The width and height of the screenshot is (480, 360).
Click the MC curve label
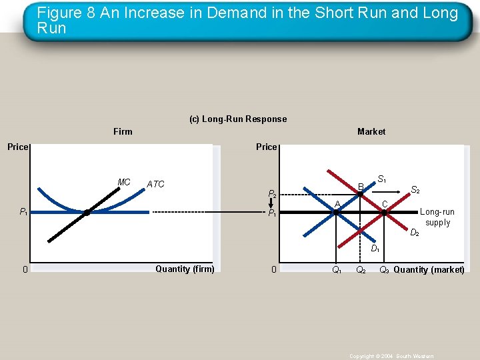click(x=124, y=182)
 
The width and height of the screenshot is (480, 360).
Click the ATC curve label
click(x=155, y=184)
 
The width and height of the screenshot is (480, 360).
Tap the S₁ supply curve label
click(x=382, y=179)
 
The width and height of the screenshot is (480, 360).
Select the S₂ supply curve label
click(x=415, y=190)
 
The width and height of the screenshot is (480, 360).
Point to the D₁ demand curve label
click(x=375, y=249)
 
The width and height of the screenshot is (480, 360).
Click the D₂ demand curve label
click(x=414, y=233)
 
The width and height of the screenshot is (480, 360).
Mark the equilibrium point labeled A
click(x=337, y=212)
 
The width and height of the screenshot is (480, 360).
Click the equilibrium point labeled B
click(x=360, y=193)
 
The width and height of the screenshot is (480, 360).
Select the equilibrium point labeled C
click(x=384, y=212)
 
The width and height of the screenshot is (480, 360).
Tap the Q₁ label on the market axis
click(x=337, y=270)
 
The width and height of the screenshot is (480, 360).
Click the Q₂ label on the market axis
click(x=361, y=270)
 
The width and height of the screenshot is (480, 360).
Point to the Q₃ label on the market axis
click(x=385, y=270)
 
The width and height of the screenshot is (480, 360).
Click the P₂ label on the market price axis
click(x=272, y=194)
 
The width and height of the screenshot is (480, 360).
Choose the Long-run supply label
click(x=437, y=217)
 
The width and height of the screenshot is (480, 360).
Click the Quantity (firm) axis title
click(x=185, y=269)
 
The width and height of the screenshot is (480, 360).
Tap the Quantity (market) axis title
click(x=429, y=270)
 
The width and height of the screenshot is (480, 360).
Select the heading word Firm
click(x=123, y=131)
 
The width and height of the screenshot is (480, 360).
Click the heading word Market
click(x=371, y=131)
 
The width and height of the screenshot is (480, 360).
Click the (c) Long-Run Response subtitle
click(x=238, y=119)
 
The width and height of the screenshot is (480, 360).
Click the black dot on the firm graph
click(x=87, y=212)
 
